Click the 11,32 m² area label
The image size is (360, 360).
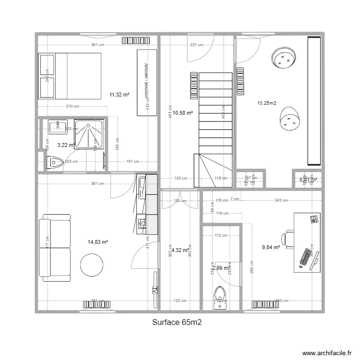[x=119, y=95]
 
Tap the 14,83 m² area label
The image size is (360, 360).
[x=98, y=242]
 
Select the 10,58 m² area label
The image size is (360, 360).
[x=182, y=113]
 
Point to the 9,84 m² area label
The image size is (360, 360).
[x=271, y=247]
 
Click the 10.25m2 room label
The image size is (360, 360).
[x=266, y=103]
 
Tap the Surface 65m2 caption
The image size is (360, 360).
[x=177, y=323]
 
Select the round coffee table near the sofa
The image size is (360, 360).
[x=91, y=265]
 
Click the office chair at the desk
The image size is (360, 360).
[x=288, y=239]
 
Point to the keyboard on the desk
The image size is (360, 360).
[x=305, y=257]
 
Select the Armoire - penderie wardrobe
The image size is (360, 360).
[x=147, y=82]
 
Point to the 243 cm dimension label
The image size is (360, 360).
[x=282, y=201]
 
